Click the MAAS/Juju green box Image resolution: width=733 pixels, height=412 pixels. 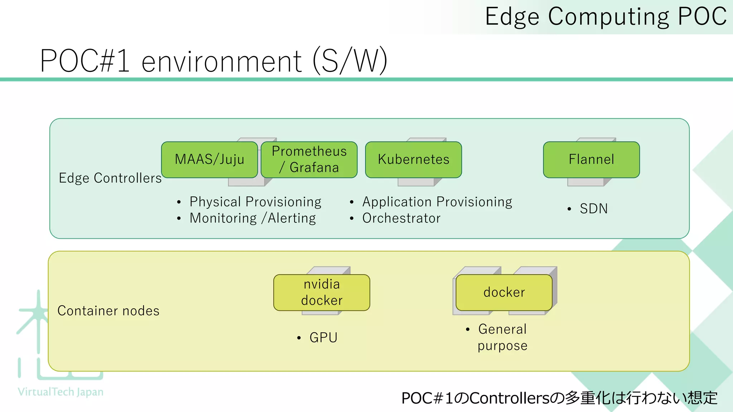[209, 160]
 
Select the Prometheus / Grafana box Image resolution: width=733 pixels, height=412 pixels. [309, 160]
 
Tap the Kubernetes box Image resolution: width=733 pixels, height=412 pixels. [413, 160]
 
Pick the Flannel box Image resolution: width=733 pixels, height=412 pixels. [591, 160]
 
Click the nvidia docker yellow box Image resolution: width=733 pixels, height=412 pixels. [321, 292]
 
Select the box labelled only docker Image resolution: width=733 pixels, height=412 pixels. [504, 292]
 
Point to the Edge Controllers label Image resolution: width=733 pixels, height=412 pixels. [110, 178]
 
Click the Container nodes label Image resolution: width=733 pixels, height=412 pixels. [108, 311]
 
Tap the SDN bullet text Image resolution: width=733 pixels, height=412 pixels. [593, 209]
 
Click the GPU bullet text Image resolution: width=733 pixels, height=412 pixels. [323, 338]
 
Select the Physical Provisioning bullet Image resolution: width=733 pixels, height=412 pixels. [255, 202]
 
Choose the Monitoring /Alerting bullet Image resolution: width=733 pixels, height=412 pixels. [253, 218]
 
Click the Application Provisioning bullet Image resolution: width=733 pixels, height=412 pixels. [437, 202]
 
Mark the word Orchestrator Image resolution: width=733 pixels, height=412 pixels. [401, 218]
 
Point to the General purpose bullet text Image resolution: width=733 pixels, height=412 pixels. [502, 337]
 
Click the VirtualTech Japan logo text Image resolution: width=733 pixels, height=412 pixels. [60, 392]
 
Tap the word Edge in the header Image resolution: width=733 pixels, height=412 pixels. [512, 17]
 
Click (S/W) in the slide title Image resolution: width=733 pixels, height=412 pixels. [350, 61]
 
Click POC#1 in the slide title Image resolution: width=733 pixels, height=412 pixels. [85, 61]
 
